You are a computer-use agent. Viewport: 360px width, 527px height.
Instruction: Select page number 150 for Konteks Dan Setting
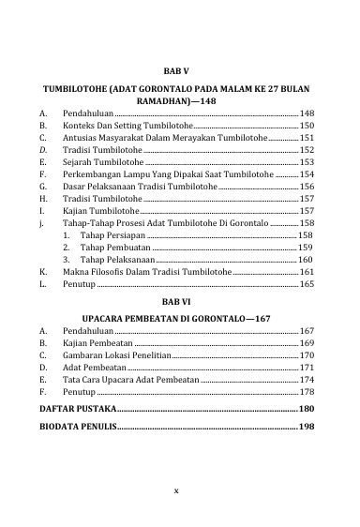307,125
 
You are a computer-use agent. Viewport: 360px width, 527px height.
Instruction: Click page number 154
307,174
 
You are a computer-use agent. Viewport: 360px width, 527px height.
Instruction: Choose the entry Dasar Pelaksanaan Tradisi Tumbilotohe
140,187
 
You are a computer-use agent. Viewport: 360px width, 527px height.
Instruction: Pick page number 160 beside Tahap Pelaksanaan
306,259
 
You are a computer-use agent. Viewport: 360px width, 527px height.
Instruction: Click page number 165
307,283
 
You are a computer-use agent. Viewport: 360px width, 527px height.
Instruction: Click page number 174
307,381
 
